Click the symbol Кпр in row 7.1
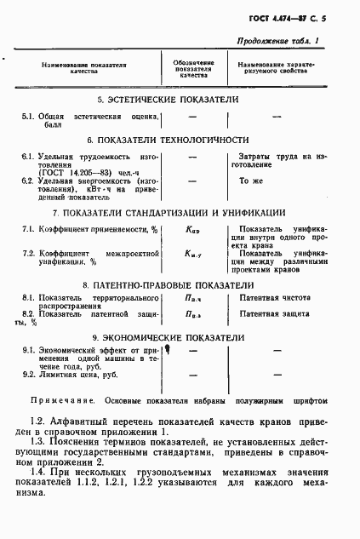[192, 230]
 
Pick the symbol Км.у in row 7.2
[192, 254]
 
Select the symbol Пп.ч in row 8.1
[192, 300]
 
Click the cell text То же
[249, 181]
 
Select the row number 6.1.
[27, 157]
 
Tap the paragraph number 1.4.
[38, 472]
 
